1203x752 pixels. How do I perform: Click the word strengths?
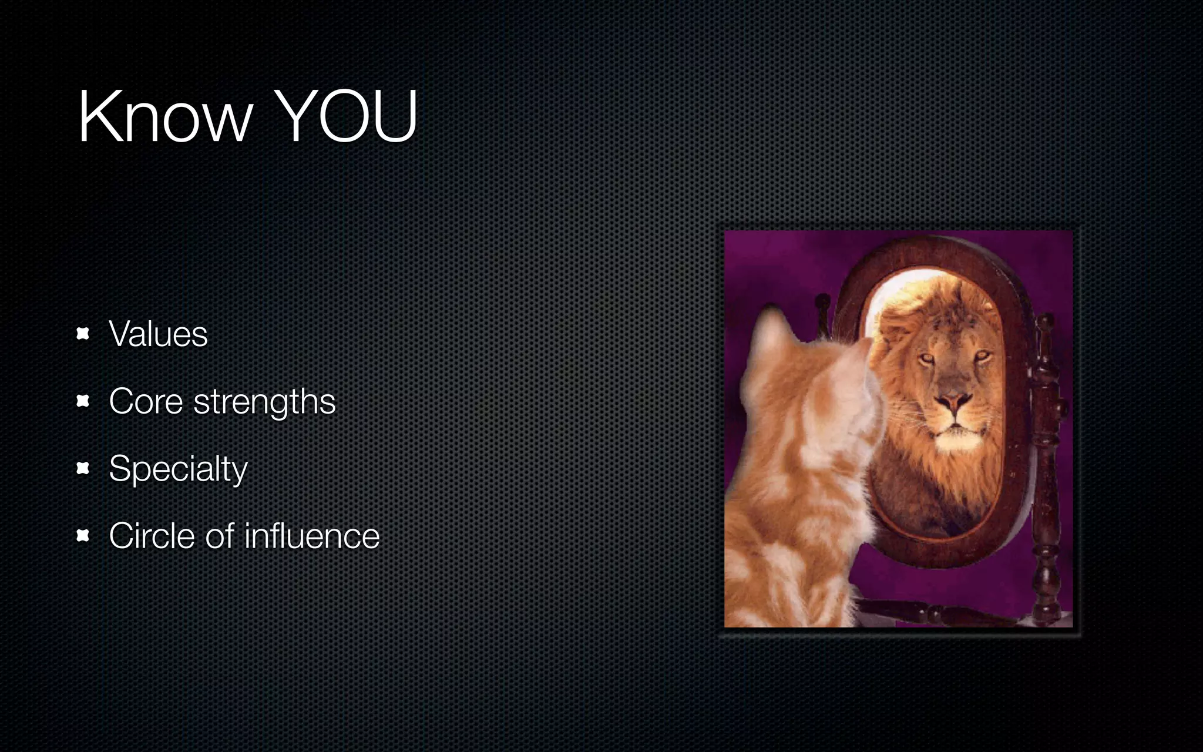click(x=264, y=402)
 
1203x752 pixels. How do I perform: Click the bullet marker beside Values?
click(x=83, y=334)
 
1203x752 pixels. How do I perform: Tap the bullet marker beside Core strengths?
click(x=83, y=401)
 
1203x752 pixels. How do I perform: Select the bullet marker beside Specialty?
click(x=83, y=468)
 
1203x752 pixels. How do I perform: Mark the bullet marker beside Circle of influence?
click(x=83, y=536)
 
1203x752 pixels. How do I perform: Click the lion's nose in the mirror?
click(x=953, y=402)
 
